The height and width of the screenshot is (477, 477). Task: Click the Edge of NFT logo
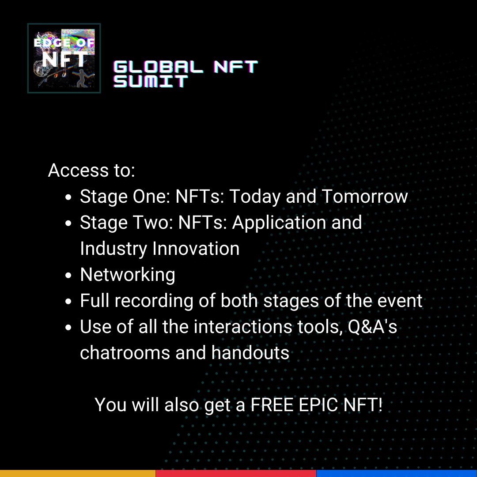pos(64,58)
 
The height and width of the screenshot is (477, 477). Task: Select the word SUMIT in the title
pos(151,81)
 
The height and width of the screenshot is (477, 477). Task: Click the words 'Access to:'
pos(91,170)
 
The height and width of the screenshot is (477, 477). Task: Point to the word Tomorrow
pos(364,197)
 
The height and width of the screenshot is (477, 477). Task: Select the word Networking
pos(128,275)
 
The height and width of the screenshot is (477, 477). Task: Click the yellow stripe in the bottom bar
pos(78,473)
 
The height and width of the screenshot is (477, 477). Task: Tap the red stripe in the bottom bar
pos(236,473)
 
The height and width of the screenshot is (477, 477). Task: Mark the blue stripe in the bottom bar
pos(397,473)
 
